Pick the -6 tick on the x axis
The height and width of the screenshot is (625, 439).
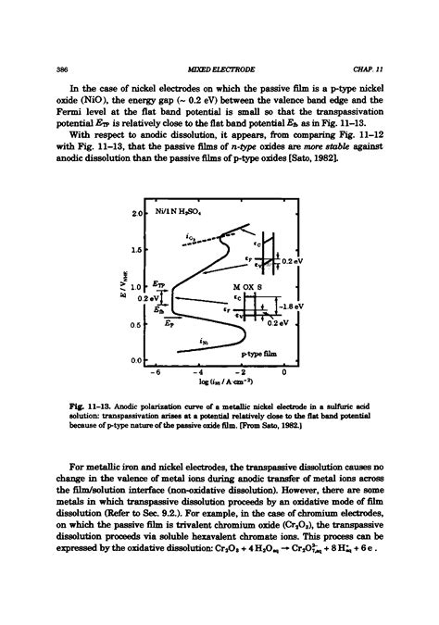tap(157, 373)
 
